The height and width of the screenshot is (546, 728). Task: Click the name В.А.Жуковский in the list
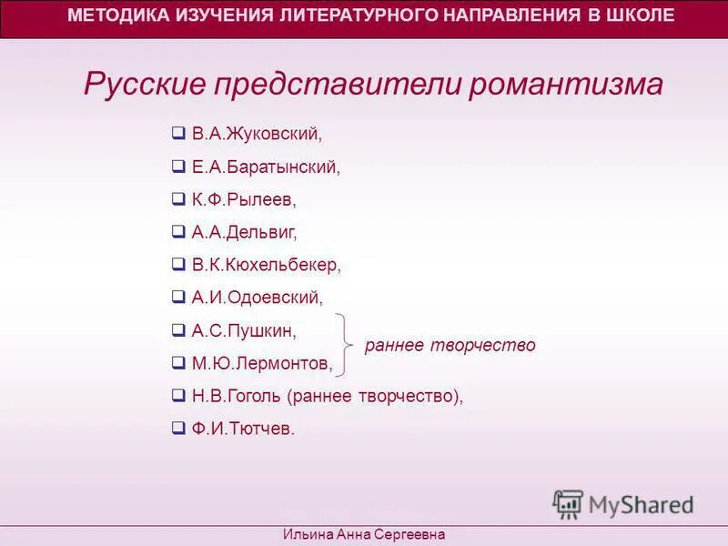point(258,134)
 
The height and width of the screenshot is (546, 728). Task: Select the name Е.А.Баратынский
point(266,167)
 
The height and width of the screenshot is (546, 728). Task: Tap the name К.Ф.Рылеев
point(244,199)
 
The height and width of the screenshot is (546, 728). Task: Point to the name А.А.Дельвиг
point(244,232)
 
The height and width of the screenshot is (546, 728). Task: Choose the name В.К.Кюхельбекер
point(266,265)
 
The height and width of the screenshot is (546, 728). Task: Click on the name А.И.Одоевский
point(258,298)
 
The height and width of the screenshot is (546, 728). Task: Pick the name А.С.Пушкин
point(244,330)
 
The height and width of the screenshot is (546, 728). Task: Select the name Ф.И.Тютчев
point(243,429)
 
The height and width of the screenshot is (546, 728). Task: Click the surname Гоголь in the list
point(257,396)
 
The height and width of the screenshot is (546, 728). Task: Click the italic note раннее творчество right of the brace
point(450,346)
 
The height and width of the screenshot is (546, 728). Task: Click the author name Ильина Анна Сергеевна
point(364,535)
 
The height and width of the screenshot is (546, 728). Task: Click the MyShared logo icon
point(568,504)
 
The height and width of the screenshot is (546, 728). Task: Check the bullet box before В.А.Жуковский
point(178,133)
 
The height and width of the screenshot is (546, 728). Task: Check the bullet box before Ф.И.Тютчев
point(178,428)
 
